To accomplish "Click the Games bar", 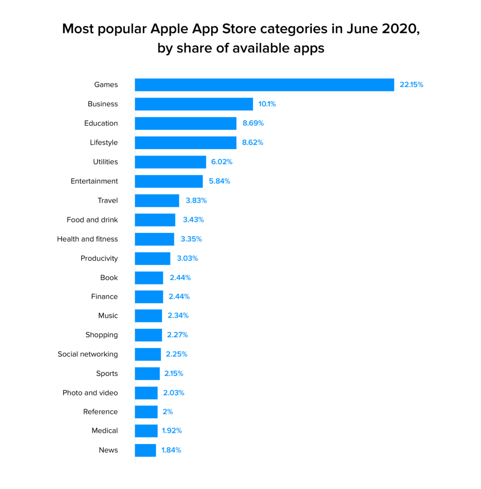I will pos(264,85).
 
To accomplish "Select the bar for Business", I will pos(194,104).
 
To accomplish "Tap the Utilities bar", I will pos(170,162).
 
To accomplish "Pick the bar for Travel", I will pos(157,201).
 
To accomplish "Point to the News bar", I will pos(145,450).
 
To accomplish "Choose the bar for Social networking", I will pos(148,354).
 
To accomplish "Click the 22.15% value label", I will pos(411,85).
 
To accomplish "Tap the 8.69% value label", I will pos(253,123).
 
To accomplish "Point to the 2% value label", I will pos(168,412).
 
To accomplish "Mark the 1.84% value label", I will pos(171,450).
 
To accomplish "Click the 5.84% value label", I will pos(220,181).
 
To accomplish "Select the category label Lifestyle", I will pos(104,142).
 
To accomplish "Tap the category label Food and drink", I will pos(92,220).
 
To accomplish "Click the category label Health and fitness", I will pos(87,239).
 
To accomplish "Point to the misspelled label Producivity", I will pos(99,258).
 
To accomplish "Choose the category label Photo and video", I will pos(90,393).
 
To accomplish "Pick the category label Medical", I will pos(105,431).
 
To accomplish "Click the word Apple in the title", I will pos(172,29).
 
